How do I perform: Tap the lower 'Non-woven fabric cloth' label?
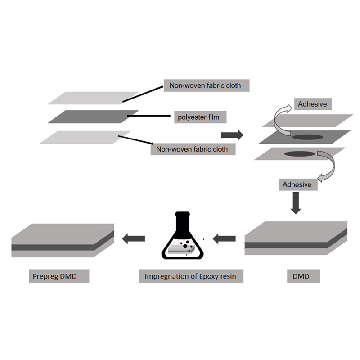193,149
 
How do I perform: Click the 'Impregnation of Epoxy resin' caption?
191,276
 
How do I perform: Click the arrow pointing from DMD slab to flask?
224,239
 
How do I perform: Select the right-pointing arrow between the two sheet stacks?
232,135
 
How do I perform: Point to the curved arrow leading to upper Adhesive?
282,116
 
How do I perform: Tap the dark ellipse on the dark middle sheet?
308,136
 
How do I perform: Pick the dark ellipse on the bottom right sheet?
300,154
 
